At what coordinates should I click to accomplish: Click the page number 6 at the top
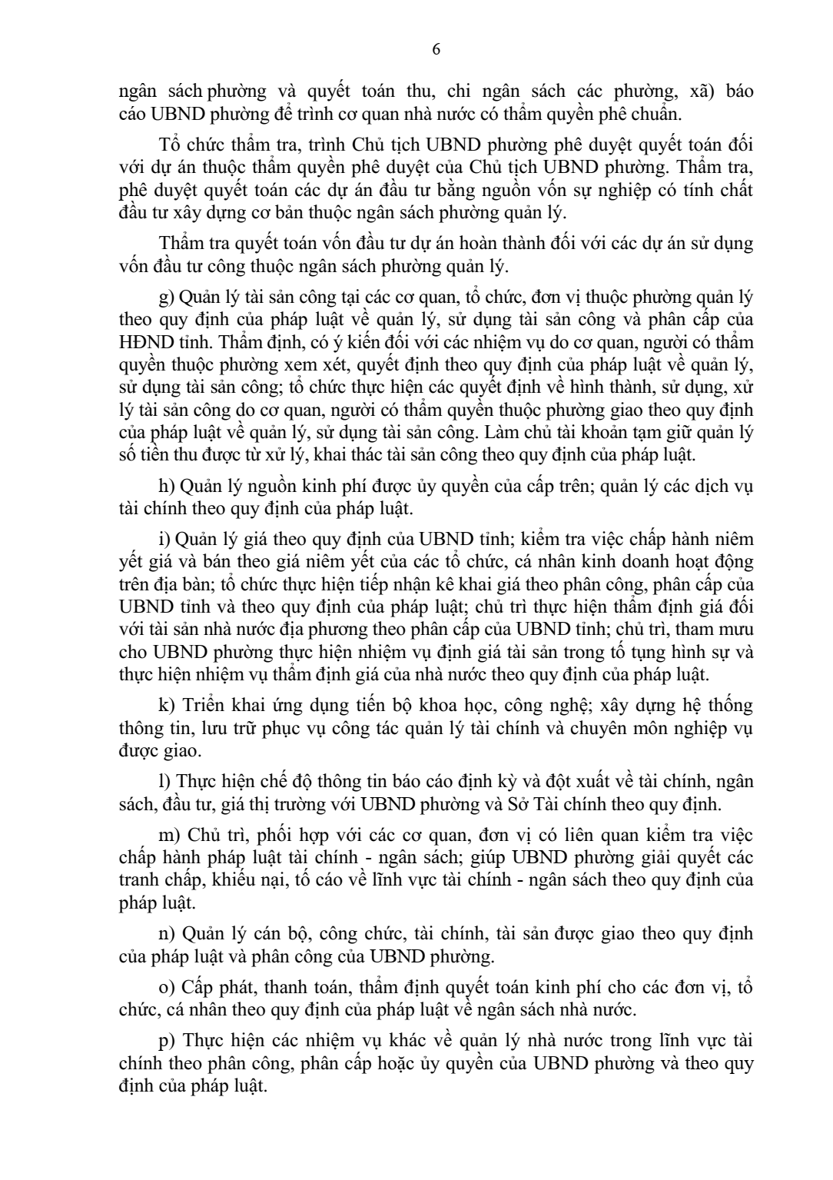tap(436, 50)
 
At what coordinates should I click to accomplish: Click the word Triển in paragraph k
tap(203, 706)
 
